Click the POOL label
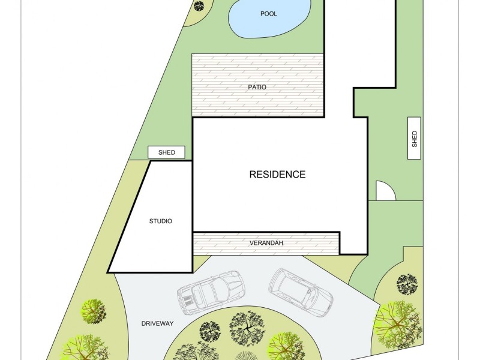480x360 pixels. (268, 14)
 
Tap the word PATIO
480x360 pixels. (257, 87)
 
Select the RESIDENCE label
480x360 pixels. (277, 175)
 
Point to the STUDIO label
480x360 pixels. (160, 221)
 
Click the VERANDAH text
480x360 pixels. (266, 244)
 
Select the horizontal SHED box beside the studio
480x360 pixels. (167, 152)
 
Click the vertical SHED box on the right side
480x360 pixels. (414, 139)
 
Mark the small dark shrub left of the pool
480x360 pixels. (199, 7)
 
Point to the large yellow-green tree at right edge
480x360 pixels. (396, 325)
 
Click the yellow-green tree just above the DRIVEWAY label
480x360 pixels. (92, 311)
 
